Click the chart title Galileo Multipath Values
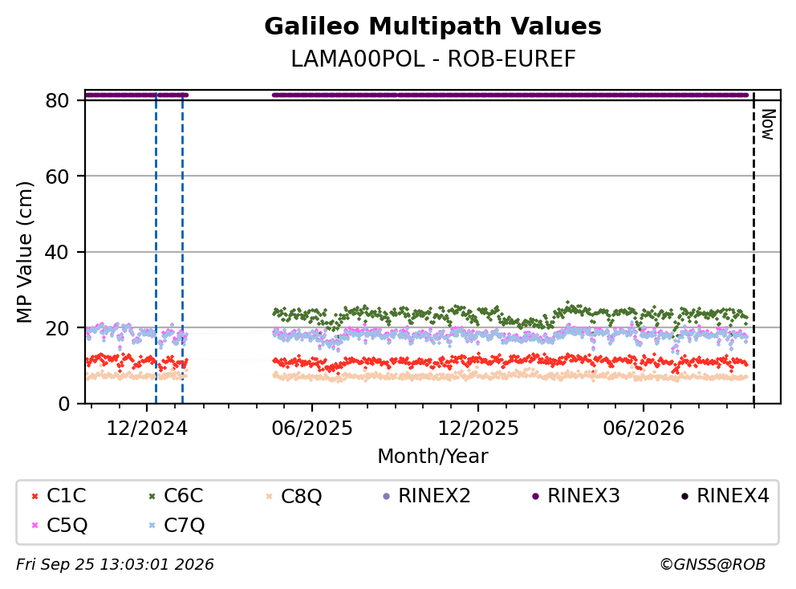pyautogui.click(x=433, y=26)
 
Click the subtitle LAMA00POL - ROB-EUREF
pyautogui.click(x=433, y=59)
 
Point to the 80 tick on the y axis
pyautogui.click(x=57, y=100)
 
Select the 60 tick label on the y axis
pyautogui.click(x=57, y=177)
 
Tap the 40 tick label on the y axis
pyautogui.click(x=57, y=252)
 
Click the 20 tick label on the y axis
pyautogui.click(x=57, y=328)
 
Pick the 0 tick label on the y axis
pyautogui.click(x=63, y=404)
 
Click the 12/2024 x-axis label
pyautogui.click(x=147, y=429)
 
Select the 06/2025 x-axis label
pyautogui.click(x=311, y=429)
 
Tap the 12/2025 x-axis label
pyautogui.click(x=478, y=429)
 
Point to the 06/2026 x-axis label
pyautogui.click(x=644, y=429)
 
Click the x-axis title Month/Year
pyautogui.click(x=433, y=456)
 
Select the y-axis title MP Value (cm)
pyautogui.click(x=24, y=252)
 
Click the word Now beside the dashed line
pyautogui.click(x=769, y=125)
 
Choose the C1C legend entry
pyautogui.click(x=59, y=496)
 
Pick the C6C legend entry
pyautogui.click(x=177, y=496)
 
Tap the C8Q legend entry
pyautogui.click(x=294, y=496)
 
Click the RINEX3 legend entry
pyautogui.click(x=575, y=496)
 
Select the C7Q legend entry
pyautogui.click(x=177, y=525)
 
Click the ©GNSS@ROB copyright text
pyautogui.click(x=713, y=565)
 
